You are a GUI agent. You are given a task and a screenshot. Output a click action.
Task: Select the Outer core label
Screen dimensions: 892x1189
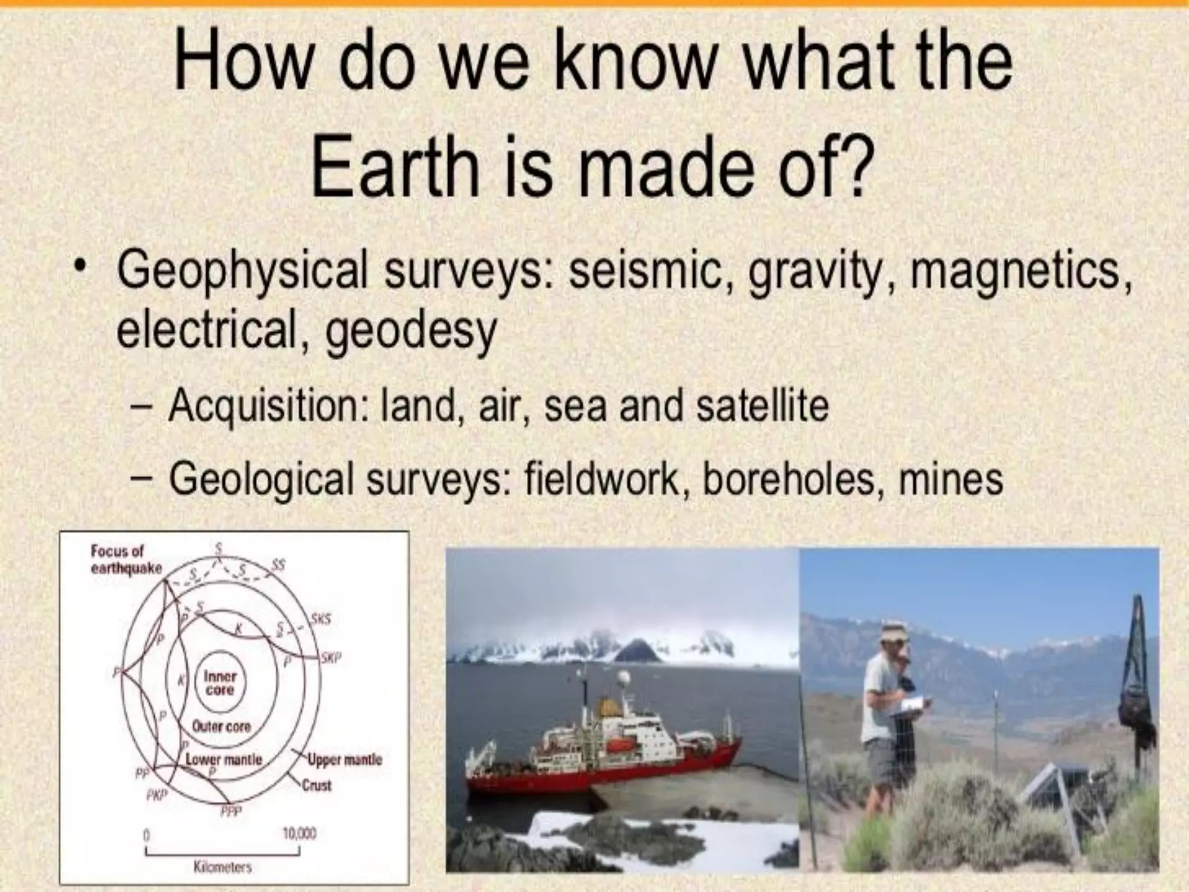221,726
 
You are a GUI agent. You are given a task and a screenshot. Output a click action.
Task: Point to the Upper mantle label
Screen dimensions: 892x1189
345,760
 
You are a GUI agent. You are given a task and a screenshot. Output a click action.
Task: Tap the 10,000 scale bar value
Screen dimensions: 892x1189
299,834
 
